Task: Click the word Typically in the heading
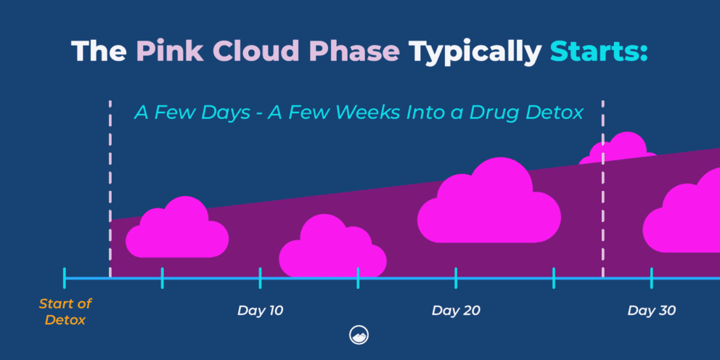tap(474, 52)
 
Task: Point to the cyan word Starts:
tap(597, 52)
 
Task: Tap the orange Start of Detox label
tap(65, 311)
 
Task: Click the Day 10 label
tap(260, 311)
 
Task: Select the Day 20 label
tap(456, 311)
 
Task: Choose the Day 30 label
tap(651, 311)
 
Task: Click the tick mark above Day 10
tap(260, 278)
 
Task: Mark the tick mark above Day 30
tap(651, 278)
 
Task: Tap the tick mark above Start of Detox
tap(65, 278)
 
